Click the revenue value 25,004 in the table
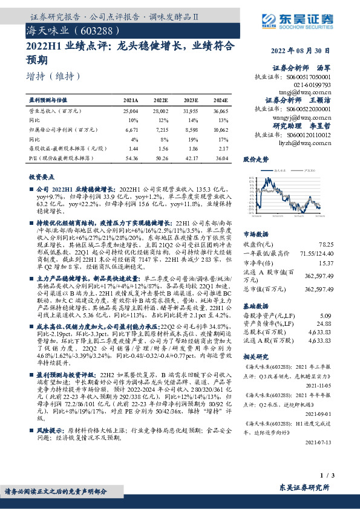point(130,111)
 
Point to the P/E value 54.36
point(130,157)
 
